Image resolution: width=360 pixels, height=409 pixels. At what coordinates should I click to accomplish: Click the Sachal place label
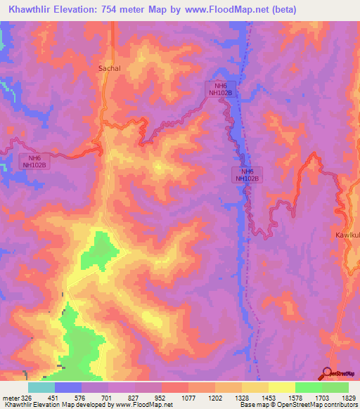click(x=109, y=68)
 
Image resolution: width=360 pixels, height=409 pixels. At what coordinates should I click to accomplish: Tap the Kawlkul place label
click(x=347, y=235)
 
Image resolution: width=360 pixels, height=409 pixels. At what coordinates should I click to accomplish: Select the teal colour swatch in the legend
click(x=41, y=387)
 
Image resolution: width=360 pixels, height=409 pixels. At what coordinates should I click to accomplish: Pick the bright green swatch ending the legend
click(x=335, y=387)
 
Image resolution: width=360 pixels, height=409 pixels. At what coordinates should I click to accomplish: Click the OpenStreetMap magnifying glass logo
click(x=327, y=374)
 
